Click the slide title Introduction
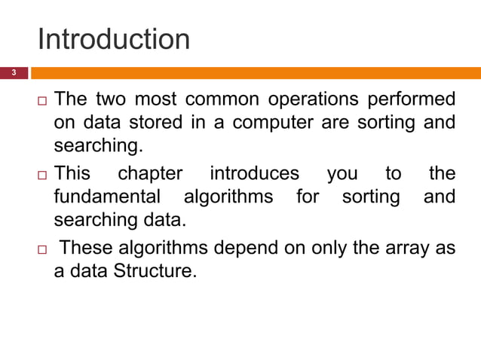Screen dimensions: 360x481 tap(113, 39)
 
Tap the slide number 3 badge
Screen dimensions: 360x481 tap(13, 73)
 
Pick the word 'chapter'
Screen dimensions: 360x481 tap(150, 174)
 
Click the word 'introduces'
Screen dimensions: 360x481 tap(254, 174)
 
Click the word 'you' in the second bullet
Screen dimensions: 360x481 tap(342, 175)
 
